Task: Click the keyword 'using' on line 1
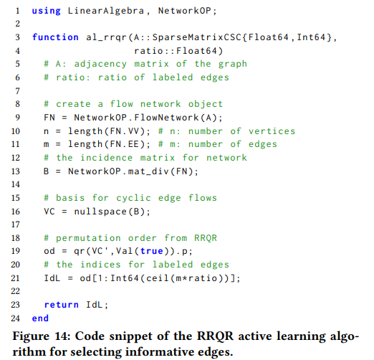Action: pyautogui.click(x=47, y=11)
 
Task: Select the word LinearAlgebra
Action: pyautogui.click(x=106, y=11)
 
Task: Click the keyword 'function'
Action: pyautogui.click(x=55, y=37)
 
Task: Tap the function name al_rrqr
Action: pyautogui.click(x=106, y=37)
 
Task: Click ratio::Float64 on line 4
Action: pyautogui.click(x=176, y=51)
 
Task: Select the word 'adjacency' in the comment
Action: pyautogui.click(x=100, y=65)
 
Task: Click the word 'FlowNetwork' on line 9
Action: pyautogui.click(x=166, y=118)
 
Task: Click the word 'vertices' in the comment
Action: pyautogui.click(x=272, y=131)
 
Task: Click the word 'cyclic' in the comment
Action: pyautogui.click(x=133, y=198)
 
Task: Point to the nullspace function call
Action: pyautogui.click(x=100, y=212)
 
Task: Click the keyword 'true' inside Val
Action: pyautogui.click(x=152, y=251)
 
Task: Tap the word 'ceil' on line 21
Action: pyautogui.click(x=158, y=278)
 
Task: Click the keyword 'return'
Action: pyautogui.click(x=62, y=305)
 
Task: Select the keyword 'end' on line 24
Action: pyautogui.click(x=40, y=318)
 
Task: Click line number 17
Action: pyautogui.click(x=16, y=224)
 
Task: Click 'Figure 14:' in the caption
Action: pyautogui.click(x=42, y=336)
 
